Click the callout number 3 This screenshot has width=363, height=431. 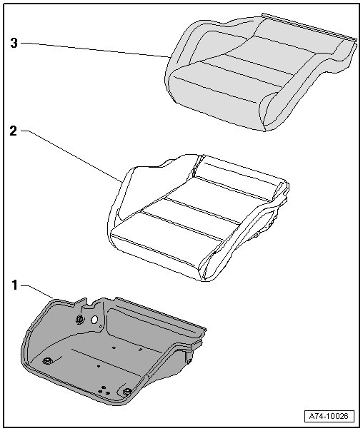pos(14,43)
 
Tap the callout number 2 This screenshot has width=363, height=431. pos(14,131)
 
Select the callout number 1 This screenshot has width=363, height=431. pos(14,285)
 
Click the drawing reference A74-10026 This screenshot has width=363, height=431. pos(329,416)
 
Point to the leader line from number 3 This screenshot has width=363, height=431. pos(96,50)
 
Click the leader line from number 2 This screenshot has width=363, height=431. pos(71,156)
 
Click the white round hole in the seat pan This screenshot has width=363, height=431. pos(94,320)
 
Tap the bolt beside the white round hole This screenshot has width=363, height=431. pos(80,319)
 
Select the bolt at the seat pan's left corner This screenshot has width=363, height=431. pos(47,360)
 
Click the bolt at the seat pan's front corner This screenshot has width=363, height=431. pos(127,392)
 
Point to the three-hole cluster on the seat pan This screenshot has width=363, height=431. pos(105,390)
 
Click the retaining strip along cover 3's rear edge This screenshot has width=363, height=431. pos(309,26)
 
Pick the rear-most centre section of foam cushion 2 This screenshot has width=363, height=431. pos(237,176)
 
